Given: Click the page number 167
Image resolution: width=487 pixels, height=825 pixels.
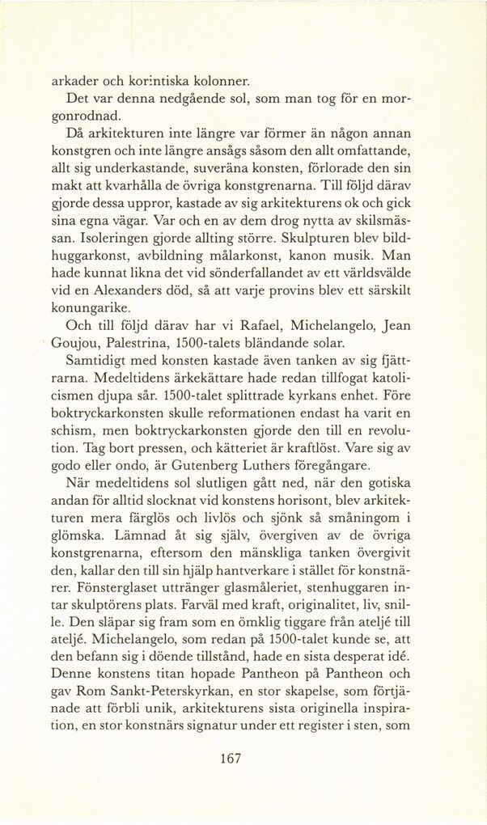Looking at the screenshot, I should pyautogui.click(x=231, y=759).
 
